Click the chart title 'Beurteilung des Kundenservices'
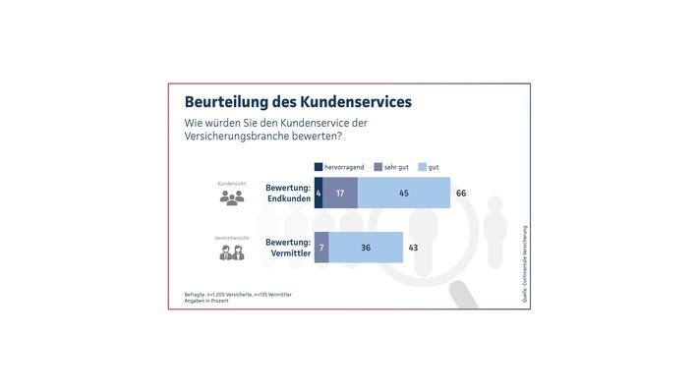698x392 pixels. (x=298, y=102)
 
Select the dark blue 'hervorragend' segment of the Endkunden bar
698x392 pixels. (x=318, y=194)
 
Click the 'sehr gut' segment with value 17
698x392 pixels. (x=339, y=194)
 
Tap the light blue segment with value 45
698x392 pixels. (x=403, y=194)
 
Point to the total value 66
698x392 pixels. (x=461, y=194)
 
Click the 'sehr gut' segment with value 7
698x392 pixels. (x=321, y=248)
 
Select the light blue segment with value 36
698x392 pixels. (x=366, y=248)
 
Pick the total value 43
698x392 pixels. (x=413, y=248)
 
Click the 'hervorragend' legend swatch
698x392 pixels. (x=318, y=167)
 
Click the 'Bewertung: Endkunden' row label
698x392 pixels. (x=288, y=193)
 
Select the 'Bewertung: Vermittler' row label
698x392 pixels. (x=288, y=247)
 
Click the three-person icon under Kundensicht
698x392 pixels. (x=231, y=198)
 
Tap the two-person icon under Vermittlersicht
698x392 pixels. (x=231, y=252)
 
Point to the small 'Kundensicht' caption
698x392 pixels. (x=231, y=183)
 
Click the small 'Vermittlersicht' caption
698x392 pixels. (x=231, y=237)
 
